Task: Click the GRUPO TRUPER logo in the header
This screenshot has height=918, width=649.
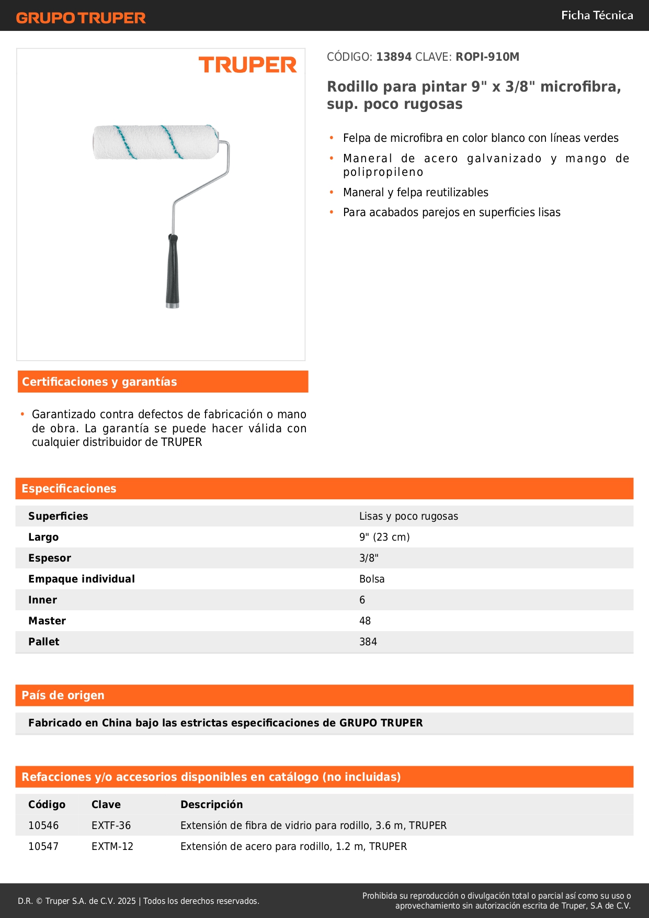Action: click(81, 18)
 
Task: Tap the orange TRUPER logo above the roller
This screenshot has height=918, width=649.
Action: click(247, 65)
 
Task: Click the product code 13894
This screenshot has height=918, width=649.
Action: click(394, 57)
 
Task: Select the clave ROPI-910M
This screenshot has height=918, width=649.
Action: click(487, 57)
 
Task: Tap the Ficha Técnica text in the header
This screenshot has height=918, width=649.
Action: click(597, 16)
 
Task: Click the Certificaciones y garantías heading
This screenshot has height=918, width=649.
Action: click(99, 382)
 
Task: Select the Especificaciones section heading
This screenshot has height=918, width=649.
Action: click(69, 489)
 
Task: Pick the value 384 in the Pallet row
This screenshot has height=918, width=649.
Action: click(368, 642)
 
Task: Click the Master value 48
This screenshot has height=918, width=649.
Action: click(365, 621)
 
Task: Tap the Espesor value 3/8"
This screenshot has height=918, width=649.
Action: click(369, 558)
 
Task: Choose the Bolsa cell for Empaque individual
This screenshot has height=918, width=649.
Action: click(372, 579)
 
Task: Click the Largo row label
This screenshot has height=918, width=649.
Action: click(43, 538)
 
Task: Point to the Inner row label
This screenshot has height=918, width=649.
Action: click(42, 600)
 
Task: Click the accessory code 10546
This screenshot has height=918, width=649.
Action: click(43, 826)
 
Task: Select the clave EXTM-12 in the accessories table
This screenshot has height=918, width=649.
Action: click(112, 847)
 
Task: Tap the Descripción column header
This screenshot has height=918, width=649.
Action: click(212, 805)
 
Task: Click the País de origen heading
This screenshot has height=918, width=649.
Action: click(63, 696)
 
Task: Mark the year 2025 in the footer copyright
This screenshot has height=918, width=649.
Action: click(127, 901)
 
